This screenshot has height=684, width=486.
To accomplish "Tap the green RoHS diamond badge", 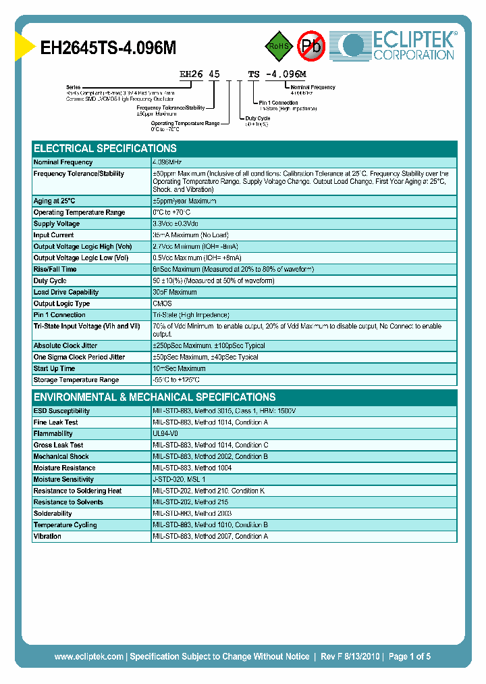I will click(279, 45).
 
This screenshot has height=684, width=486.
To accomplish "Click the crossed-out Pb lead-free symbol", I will click(311, 45).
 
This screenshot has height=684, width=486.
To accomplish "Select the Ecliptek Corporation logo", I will click(399, 46).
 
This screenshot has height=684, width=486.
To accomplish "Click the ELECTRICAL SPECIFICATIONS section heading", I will click(105, 148).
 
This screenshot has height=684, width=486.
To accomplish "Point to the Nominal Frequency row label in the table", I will click(63, 162).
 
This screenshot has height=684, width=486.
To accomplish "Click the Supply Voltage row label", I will click(57, 224).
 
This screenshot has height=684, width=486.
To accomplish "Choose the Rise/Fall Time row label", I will click(55, 269).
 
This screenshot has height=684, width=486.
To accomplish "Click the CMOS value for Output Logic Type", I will click(163, 303).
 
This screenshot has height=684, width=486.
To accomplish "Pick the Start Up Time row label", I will click(55, 368).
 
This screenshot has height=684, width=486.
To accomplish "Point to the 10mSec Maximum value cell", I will click(180, 368).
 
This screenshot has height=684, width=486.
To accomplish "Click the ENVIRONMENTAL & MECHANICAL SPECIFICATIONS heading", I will click(155, 397).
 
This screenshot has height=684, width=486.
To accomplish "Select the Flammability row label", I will click(53, 434).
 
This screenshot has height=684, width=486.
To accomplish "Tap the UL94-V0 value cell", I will click(165, 434).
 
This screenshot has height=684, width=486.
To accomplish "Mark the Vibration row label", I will click(47, 536).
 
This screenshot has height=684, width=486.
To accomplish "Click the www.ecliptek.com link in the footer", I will click(88, 656).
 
